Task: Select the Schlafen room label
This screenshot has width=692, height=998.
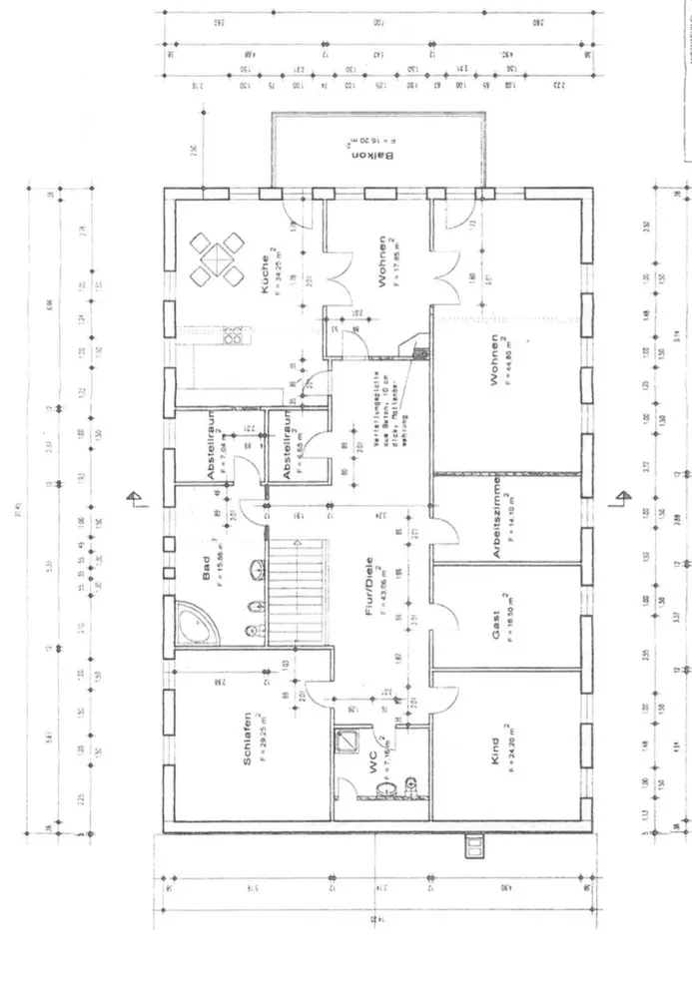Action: coord(246,739)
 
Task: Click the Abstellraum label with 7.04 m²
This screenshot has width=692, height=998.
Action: coord(212,450)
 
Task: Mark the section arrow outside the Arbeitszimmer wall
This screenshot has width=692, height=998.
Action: coord(622,497)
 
